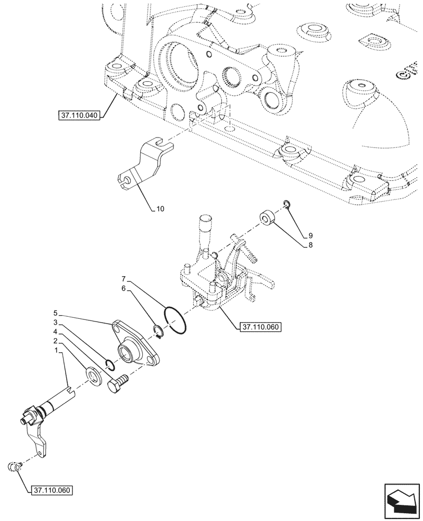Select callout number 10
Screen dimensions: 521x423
[160, 209]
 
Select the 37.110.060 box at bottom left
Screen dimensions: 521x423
[51, 491]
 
